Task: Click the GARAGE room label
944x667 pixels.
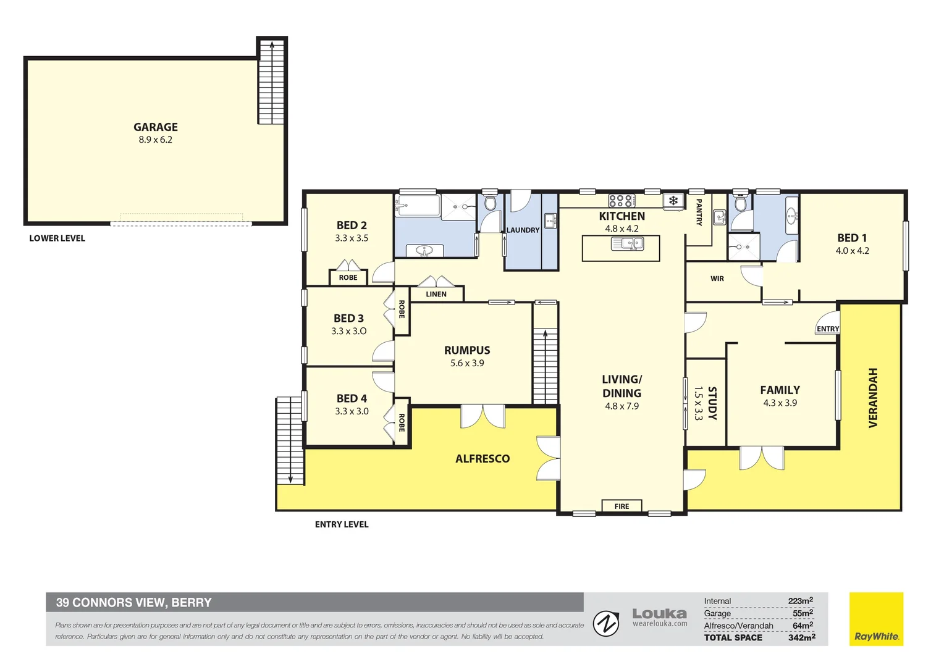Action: (x=156, y=127)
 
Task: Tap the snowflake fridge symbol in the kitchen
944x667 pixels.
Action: (x=673, y=201)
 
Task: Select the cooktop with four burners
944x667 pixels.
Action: (x=622, y=200)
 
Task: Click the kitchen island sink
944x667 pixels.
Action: (x=627, y=243)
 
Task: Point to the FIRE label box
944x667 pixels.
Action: (x=622, y=506)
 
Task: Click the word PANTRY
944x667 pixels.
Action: (x=699, y=212)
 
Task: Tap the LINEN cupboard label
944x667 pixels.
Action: (x=436, y=294)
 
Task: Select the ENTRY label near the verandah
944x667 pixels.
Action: (x=828, y=329)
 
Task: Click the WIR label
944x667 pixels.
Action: (x=717, y=279)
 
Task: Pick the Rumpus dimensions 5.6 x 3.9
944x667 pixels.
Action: (x=467, y=363)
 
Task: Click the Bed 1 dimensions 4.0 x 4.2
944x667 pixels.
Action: (x=852, y=251)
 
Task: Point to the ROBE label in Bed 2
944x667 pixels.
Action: (x=348, y=277)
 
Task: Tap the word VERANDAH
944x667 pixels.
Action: (x=873, y=398)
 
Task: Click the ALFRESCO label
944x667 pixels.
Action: (x=483, y=458)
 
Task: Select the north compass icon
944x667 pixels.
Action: (x=606, y=624)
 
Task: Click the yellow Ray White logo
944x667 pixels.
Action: (x=876, y=619)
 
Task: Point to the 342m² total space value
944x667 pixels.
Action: (x=801, y=637)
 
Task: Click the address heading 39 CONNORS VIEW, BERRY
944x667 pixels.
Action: (x=133, y=603)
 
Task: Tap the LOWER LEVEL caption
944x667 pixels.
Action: (x=57, y=238)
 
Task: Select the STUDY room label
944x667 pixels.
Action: (x=712, y=403)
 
